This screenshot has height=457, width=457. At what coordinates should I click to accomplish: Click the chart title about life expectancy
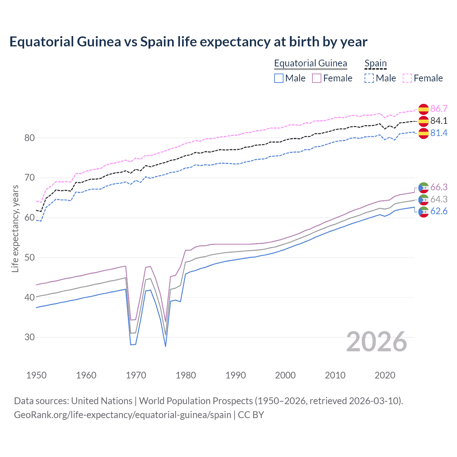coord(188,42)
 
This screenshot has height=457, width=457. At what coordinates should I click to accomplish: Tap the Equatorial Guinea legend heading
coord(310,63)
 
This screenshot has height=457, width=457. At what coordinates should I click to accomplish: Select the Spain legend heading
coord(375,63)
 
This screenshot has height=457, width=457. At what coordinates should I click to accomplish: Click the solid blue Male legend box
coord(279,78)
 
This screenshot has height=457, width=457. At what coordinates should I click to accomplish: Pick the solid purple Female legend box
coord(317,78)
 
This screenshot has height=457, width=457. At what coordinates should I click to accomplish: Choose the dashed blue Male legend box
coord(369,78)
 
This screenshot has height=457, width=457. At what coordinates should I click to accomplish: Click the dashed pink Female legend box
coord(407,78)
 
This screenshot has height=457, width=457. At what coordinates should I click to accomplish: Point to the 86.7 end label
coord(439,109)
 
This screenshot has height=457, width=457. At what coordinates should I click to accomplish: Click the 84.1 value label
coord(439,121)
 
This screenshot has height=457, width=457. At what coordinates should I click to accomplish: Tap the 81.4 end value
coord(439,133)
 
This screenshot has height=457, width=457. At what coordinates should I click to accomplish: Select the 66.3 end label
coord(439,187)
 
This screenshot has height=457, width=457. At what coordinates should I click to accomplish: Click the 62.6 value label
coord(439,211)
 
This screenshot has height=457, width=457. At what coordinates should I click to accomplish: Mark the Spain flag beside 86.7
coord(423,109)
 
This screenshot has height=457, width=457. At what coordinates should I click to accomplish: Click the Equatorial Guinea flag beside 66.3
coord(423,187)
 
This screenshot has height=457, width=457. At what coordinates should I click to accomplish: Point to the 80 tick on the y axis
coord(29,138)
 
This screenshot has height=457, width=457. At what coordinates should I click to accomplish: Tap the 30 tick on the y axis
coord(29,337)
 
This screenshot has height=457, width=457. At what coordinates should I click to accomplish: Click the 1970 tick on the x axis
coord(136,375)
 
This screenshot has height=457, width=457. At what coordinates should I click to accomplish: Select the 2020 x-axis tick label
coord(385,375)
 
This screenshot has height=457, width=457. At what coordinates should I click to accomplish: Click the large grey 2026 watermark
coord(377,342)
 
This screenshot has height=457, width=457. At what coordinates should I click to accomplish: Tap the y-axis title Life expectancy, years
coord(15,228)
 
